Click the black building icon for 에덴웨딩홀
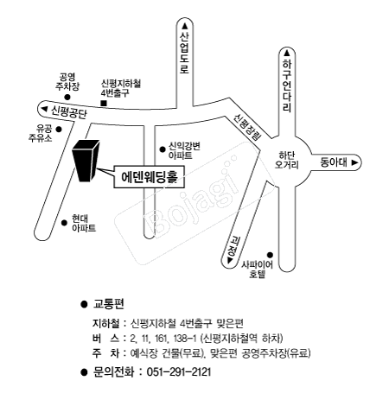(86, 161)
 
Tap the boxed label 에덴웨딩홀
(149, 177)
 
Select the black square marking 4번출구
(104, 103)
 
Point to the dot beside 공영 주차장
(67, 98)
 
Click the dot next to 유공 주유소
(59, 130)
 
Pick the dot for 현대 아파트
(64, 223)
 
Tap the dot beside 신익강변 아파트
(163, 149)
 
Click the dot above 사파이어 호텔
(270, 255)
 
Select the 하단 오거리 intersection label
(287, 160)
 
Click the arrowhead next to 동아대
(354, 162)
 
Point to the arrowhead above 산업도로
(185, 26)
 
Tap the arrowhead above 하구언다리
(287, 54)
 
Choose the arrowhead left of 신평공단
(44, 109)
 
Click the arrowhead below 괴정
(230, 261)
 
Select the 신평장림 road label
(247, 127)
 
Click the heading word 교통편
(108, 304)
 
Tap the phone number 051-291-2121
(179, 372)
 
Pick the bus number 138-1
(185, 339)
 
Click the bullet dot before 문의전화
(84, 372)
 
